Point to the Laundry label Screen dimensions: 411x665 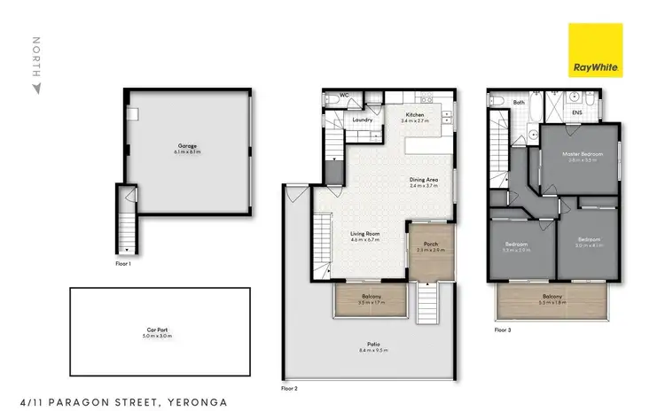pyautogui.click(x=362, y=120)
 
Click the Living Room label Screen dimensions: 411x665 pyautogui.click(x=364, y=234)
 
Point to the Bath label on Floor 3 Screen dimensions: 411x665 pyautogui.click(x=520, y=103)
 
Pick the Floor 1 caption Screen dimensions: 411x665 pyautogui.click(x=123, y=263)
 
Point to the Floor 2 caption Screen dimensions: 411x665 pyautogui.click(x=289, y=388)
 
